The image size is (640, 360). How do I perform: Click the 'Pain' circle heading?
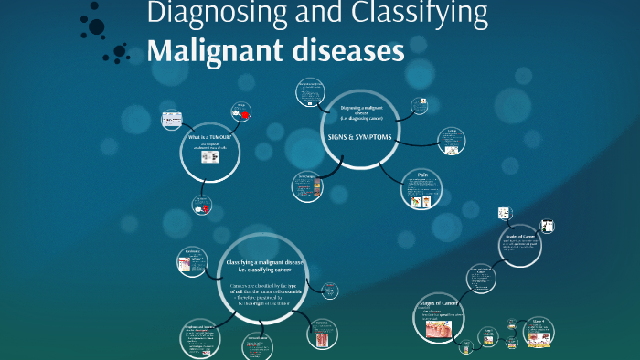[x=422, y=175]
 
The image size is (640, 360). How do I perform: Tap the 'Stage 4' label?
[x=539, y=321]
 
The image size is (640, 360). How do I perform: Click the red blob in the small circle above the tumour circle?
[x=245, y=115]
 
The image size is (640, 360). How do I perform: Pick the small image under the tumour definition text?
[x=209, y=157]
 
